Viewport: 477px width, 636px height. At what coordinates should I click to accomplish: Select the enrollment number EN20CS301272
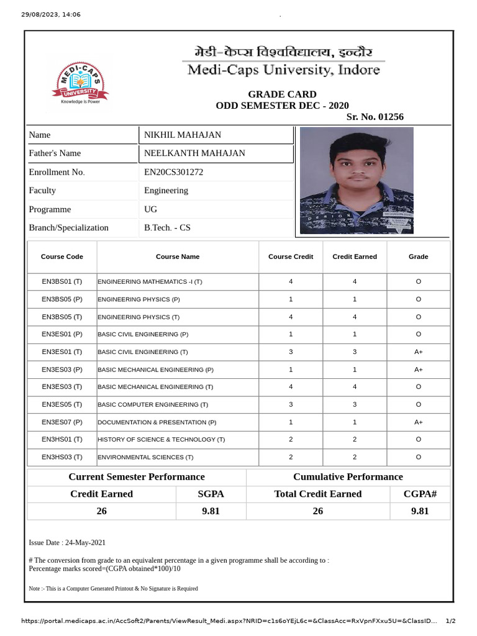(x=173, y=172)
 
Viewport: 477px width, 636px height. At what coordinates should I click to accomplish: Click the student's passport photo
(x=357, y=180)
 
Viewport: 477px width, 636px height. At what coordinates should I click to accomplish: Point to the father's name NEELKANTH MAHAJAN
(x=194, y=153)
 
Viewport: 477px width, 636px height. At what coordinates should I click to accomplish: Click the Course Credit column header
(x=291, y=257)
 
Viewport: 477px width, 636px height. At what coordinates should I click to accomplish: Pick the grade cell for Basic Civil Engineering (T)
(x=418, y=352)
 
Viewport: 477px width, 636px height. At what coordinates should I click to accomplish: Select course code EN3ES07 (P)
(x=62, y=422)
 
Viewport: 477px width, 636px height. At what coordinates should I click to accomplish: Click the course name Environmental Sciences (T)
(x=146, y=457)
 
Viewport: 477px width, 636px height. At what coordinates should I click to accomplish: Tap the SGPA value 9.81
(x=211, y=511)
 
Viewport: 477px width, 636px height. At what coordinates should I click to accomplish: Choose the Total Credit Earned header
(x=317, y=494)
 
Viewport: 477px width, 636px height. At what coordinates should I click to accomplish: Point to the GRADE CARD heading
(x=282, y=94)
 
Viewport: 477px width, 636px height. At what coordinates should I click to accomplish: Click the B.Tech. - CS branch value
(x=167, y=228)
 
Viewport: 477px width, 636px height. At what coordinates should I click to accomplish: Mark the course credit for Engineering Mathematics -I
(x=291, y=282)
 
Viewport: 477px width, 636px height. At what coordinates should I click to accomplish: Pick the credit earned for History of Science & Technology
(x=355, y=440)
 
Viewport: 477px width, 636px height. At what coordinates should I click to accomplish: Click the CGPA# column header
(x=420, y=494)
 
